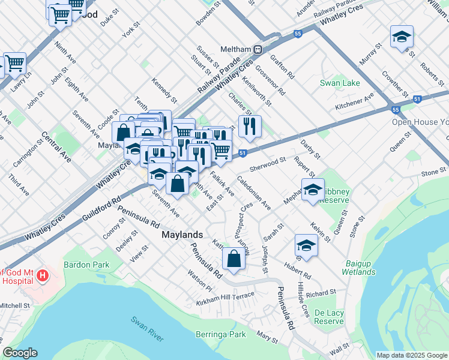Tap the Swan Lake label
[339, 83]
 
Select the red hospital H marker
[42, 276]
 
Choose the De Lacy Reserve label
[329, 317]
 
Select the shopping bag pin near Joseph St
[234, 259]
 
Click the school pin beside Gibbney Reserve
[312, 190]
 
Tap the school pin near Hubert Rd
[306, 245]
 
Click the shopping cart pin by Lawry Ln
[14, 63]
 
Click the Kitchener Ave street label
[354, 101]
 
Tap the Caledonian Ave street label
[253, 192]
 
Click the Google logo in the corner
[20, 353]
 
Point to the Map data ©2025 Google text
[411, 355]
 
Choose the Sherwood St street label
[268, 163]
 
